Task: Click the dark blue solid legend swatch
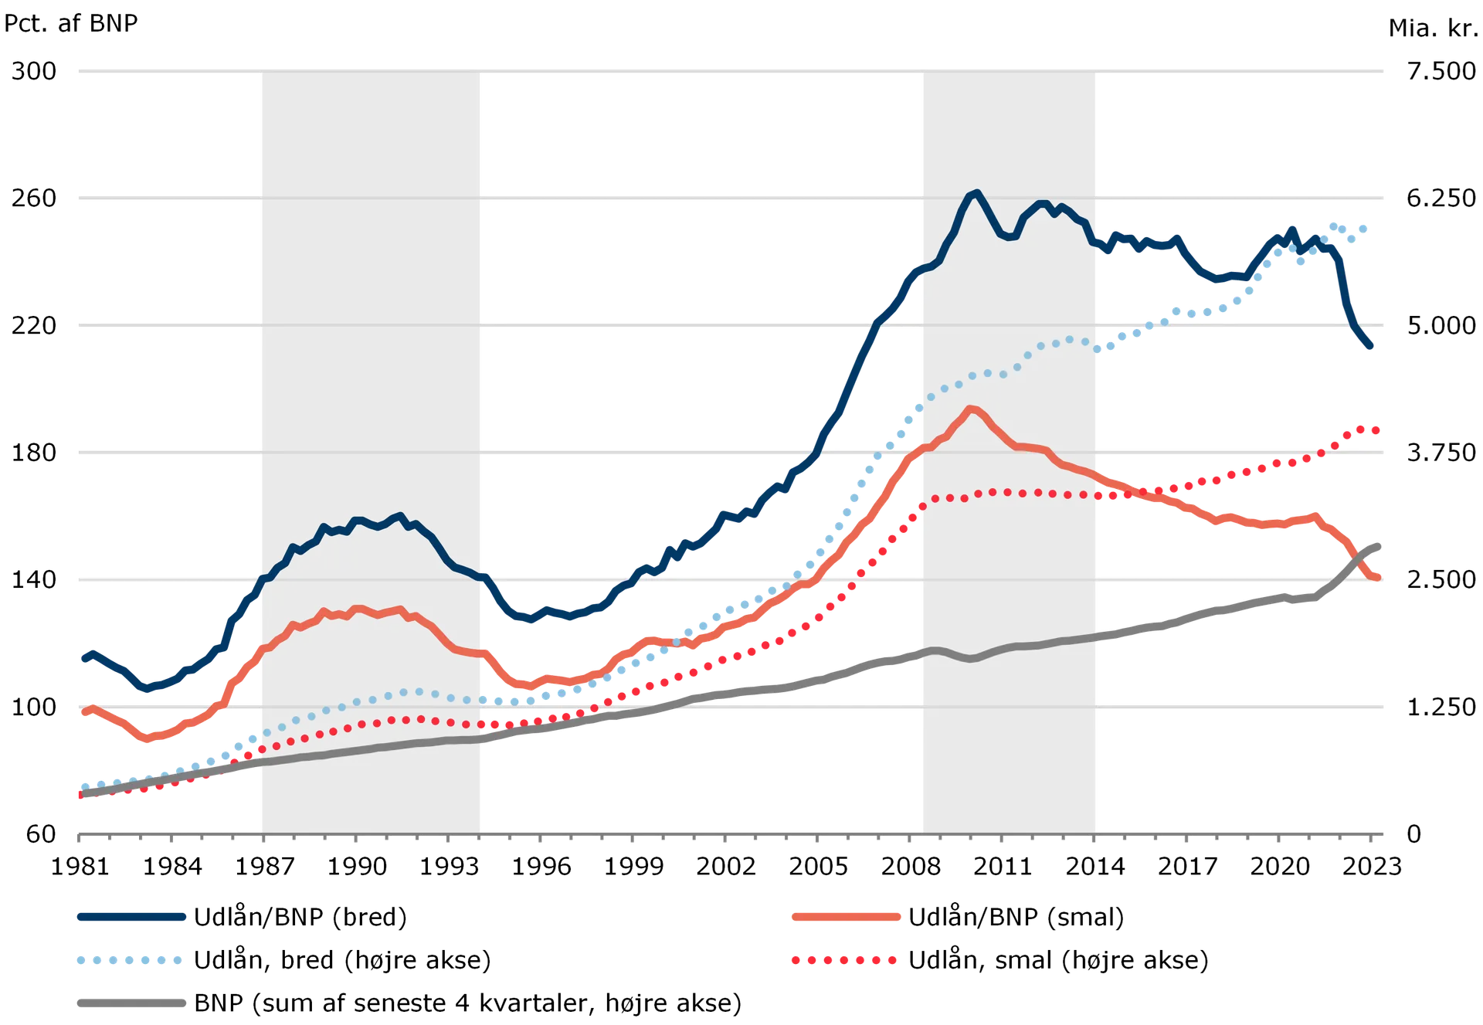(x=131, y=918)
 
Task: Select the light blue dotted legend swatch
(x=130, y=961)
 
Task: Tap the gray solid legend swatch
(x=131, y=1003)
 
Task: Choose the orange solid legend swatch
(x=847, y=918)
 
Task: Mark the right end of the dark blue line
(x=1372, y=348)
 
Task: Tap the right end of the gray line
(x=1379, y=545)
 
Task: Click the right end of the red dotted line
(x=1378, y=430)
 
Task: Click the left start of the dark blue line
(x=82, y=659)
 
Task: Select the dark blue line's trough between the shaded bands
(x=530, y=619)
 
